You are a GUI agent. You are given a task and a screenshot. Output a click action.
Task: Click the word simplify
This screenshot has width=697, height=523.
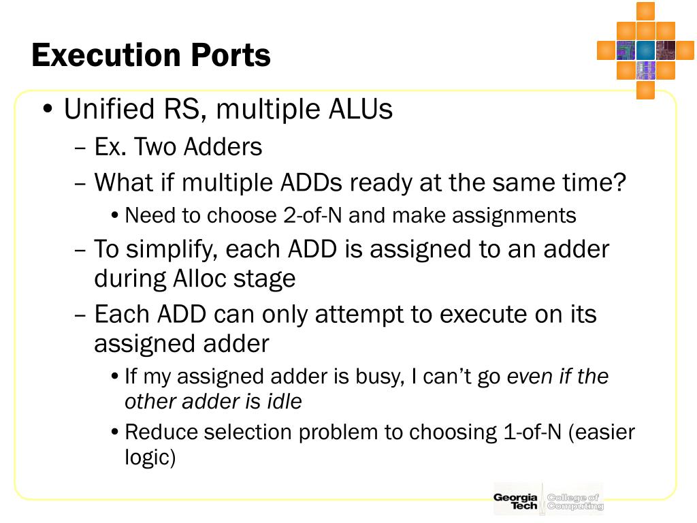click(x=169, y=250)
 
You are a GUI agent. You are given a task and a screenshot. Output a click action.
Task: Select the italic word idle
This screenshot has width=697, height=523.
click(x=285, y=402)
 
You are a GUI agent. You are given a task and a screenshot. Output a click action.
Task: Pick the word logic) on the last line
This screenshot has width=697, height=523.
click(x=150, y=458)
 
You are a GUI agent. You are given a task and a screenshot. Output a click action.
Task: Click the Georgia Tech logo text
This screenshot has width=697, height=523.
click(x=515, y=502)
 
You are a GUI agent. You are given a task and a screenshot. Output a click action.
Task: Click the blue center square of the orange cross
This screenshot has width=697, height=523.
click(x=645, y=50)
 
